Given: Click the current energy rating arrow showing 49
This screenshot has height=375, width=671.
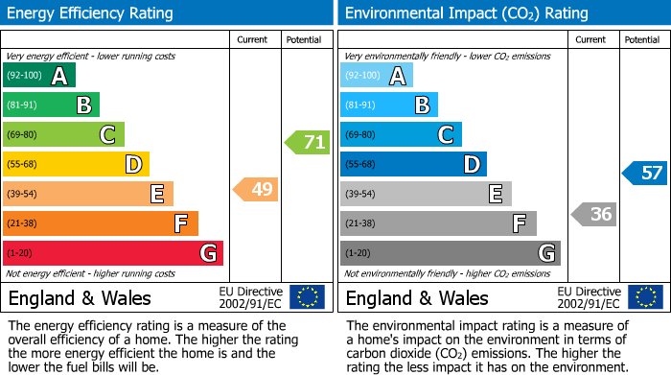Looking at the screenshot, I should [x=257, y=190].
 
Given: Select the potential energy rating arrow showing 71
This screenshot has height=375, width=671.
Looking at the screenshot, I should [x=307, y=143].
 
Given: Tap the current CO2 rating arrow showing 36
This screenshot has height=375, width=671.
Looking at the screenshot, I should [x=594, y=214].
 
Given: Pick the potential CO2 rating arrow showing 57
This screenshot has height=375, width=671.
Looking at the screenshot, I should [x=645, y=174].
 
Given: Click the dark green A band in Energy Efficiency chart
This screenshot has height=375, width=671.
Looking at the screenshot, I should [x=39, y=76].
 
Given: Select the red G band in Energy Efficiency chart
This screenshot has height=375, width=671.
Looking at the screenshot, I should [x=113, y=253].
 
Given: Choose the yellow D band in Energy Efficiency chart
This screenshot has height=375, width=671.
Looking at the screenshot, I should [x=76, y=165].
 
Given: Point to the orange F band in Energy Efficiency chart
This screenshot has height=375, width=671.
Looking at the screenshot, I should [x=101, y=223].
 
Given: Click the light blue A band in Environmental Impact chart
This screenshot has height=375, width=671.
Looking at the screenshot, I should [x=377, y=76].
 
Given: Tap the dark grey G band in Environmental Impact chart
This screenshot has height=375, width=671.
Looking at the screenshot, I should [x=451, y=253].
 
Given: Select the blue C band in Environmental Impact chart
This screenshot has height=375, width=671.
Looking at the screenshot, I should [x=401, y=135].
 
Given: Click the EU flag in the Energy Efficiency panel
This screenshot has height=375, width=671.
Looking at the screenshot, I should [x=307, y=296].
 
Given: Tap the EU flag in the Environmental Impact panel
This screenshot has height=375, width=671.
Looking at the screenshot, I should [x=645, y=296].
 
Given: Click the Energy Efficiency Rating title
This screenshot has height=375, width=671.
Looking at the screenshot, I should [x=91, y=13].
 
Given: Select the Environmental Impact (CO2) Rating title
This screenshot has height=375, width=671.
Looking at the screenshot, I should [x=466, y=13].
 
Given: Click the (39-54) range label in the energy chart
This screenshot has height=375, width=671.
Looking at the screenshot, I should [x=23, y=195].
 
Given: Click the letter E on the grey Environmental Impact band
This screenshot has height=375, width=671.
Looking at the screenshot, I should [x=495, y=195].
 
